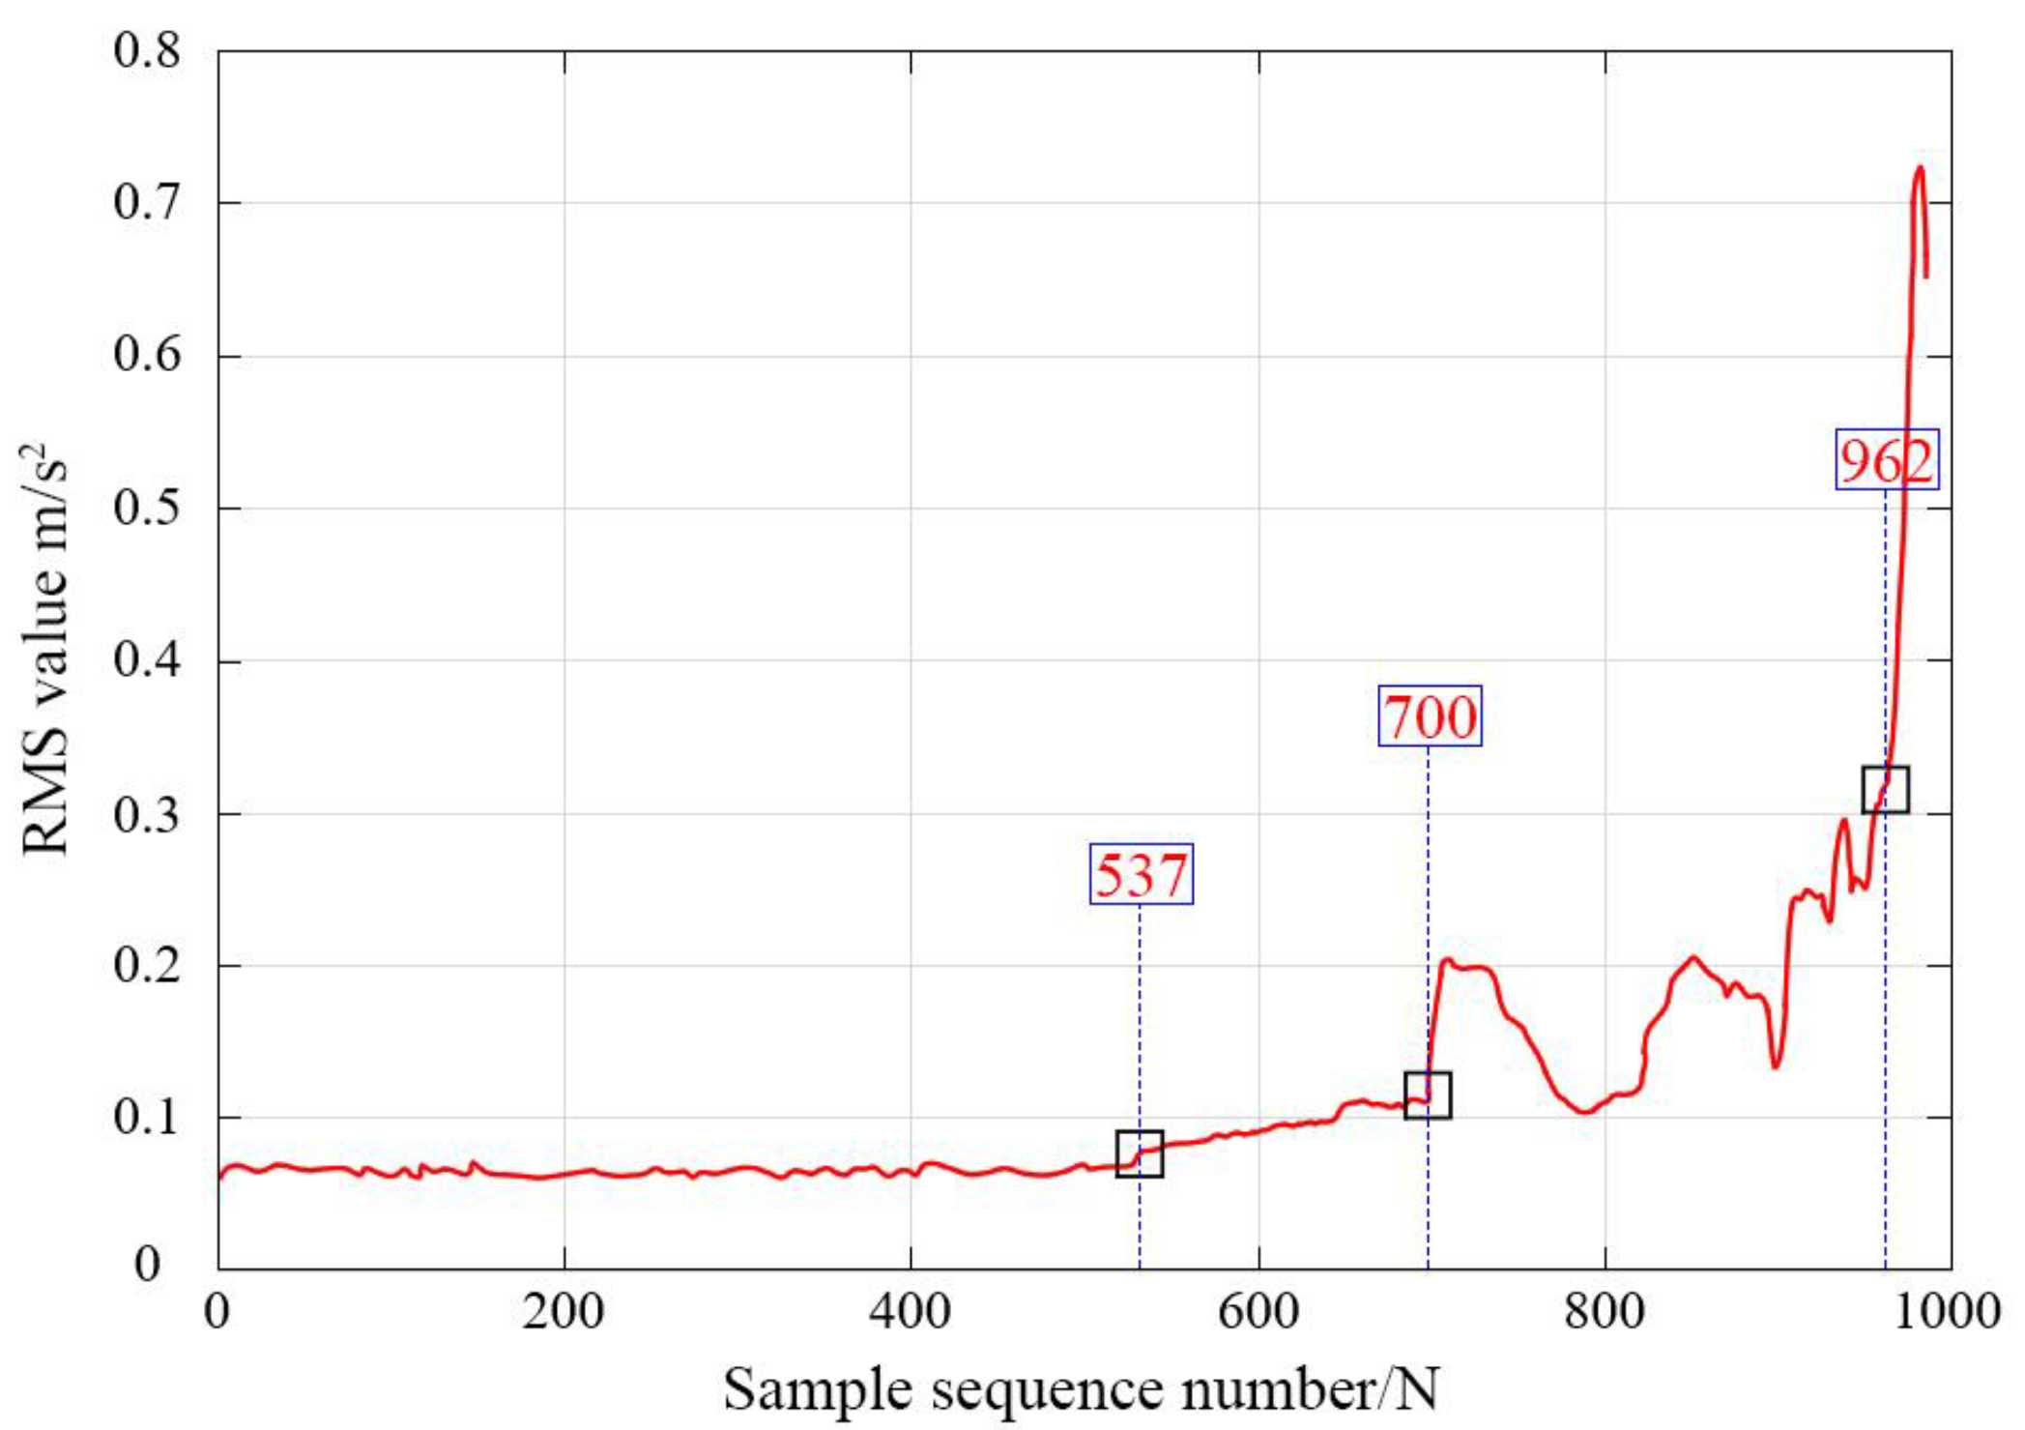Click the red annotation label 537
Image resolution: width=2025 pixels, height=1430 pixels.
[1141, 874]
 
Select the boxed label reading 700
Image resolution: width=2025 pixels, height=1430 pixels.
[1430, 715]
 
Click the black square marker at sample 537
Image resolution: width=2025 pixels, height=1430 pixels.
[1140, 1153]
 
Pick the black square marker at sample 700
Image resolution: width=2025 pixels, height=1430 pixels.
[1427, 1094]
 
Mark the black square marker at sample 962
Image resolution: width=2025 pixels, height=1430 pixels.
[1885, 789]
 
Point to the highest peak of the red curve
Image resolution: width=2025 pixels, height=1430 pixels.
[1920, 168]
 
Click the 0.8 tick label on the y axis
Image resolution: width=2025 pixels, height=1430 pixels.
[146, 50]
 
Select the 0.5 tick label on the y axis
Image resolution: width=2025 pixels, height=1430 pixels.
[146, 509]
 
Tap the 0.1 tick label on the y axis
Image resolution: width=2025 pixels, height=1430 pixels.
[146, 1118]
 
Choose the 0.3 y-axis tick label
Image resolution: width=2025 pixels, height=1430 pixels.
[146, 814]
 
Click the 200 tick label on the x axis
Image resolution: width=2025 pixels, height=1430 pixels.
[564, 1312]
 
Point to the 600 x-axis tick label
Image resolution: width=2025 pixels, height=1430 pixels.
[1258, 1312]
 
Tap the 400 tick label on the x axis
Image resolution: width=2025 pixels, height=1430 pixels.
[911, 1312]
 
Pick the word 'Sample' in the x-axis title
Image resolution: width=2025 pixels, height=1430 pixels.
[818, 1390]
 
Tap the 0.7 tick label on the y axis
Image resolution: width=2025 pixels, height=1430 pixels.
[146, 203]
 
